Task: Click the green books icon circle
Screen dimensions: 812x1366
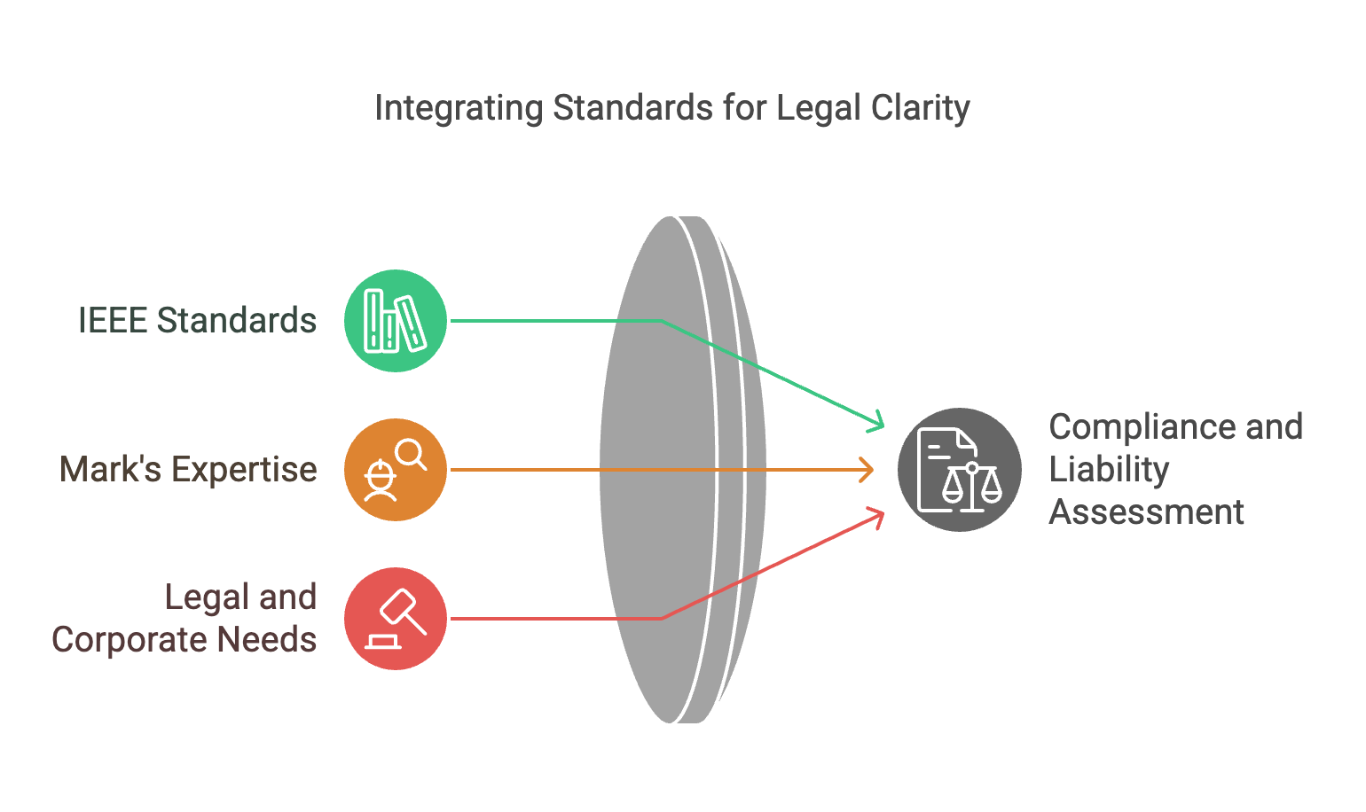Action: [x=396, y=321]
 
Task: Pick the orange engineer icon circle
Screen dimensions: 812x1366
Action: [x=396, y=470]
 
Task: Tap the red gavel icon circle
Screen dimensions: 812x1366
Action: [x=396, y=619]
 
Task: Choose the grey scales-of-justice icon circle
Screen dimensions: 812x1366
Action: [x=959, y=470]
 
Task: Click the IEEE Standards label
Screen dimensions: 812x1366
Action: [x=197, y=321]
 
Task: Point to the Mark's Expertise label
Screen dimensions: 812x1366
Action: [x=188, y=470]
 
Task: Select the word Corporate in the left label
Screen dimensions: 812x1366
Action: [x=130, y=640]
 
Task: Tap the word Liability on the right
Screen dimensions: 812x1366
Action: [x=1109, y=470]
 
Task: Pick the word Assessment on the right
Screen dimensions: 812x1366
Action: [x=1147, y=512]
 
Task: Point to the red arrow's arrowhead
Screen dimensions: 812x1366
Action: [x=878, y=515]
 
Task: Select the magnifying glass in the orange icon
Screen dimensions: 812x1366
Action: [x=411, y=455]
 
